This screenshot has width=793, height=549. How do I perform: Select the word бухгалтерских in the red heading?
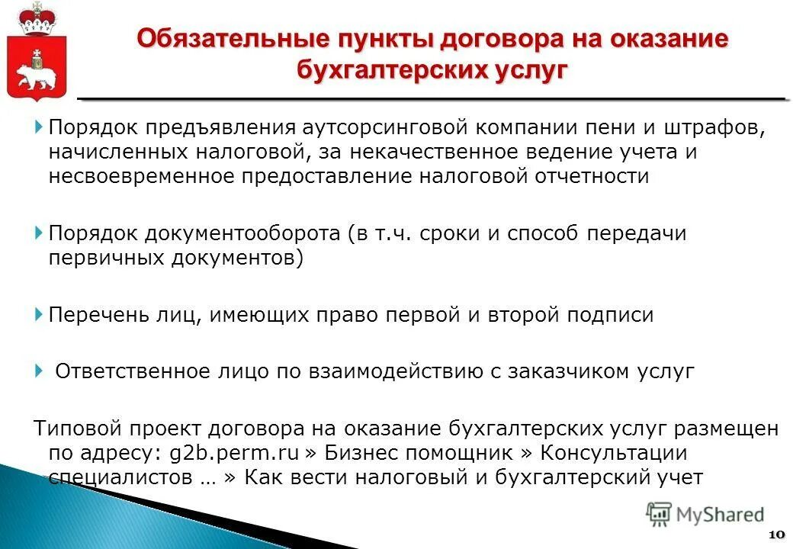click(395, 69)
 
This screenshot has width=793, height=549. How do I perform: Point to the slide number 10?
click(777, 533)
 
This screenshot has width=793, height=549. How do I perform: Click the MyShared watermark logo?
click(705, 515)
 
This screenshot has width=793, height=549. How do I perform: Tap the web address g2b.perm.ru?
click(232, 452)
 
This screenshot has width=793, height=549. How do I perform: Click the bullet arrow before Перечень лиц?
click(39, 313)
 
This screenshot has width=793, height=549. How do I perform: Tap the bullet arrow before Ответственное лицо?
click(39, 371)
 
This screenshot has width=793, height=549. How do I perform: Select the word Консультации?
click(613, 452)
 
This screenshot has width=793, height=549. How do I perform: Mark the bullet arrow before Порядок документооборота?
click(39, 232)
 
